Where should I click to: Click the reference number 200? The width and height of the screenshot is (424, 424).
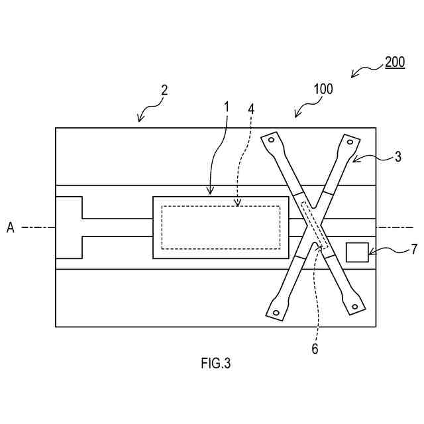pos(395,63)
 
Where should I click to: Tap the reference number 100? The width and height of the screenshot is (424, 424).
pos(323,89)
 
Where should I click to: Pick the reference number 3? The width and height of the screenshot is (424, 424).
pos(397,157)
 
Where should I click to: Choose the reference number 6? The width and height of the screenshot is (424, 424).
pos(315,348)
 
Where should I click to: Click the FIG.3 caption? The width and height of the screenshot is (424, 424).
pos(216,363)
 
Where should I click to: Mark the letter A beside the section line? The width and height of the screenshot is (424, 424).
pos(11,227)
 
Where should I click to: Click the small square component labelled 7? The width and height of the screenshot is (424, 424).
pos(357,252)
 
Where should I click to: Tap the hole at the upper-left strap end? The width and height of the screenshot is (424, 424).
pos(271,139)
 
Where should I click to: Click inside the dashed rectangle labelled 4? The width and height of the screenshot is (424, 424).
pos(221,227)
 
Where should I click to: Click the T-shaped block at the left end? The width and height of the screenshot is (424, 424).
pos(69,227)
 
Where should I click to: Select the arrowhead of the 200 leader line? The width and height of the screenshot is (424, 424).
pos(352,77)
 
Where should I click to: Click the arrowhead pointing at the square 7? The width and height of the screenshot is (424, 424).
pos(370,252)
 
